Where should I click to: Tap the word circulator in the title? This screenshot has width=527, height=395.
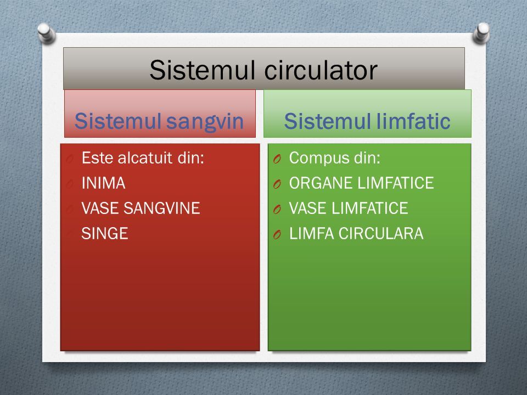321,70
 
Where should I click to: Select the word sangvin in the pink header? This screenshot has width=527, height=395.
205,122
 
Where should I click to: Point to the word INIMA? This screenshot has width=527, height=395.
104,183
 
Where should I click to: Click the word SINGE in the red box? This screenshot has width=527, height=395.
105,234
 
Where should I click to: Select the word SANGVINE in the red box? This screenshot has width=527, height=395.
162,208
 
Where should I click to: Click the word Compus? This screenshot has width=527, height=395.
315,159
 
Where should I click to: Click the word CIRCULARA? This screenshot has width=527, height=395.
381,234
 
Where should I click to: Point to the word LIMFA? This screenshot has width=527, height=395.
312,234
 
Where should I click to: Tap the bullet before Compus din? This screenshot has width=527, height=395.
277,159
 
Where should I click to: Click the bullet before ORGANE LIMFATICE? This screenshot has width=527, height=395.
277,184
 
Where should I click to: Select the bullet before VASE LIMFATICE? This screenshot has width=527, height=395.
277,209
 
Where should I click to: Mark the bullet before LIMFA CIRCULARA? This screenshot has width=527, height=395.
277,234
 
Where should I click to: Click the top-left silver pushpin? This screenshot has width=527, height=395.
46,33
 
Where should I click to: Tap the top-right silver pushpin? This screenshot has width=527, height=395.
481,33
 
